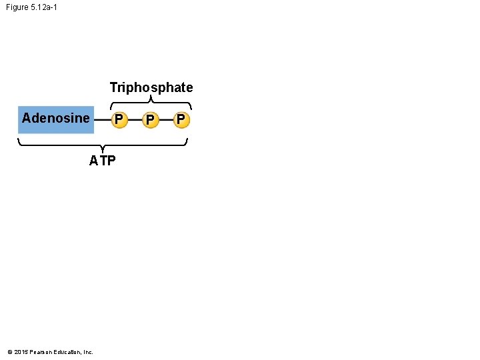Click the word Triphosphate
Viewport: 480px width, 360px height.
click(x=151, y=87)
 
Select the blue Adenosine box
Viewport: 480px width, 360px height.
click(x=56, y=119)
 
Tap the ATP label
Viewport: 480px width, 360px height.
click(x=102, y=161)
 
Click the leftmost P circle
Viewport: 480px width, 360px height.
click(x=119, y=120)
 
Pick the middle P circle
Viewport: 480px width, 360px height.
click(x=151, y=120)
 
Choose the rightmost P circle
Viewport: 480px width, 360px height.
click(x=181, y=120)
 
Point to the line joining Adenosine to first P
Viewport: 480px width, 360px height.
click(x=102, y=120)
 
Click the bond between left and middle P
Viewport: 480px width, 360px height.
click(x=135, y=120)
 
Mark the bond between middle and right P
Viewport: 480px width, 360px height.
click(x=166, y=120)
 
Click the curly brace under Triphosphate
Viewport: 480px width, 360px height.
click(x=151, y=103)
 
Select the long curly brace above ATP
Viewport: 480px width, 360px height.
click(x=102, y=143)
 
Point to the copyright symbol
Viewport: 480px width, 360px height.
click(x=9, y=352)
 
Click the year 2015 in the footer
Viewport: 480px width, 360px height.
click(x=20, y=352)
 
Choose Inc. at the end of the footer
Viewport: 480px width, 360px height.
click(x=89, y=352)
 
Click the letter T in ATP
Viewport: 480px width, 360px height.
click(x=102, y=161)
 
